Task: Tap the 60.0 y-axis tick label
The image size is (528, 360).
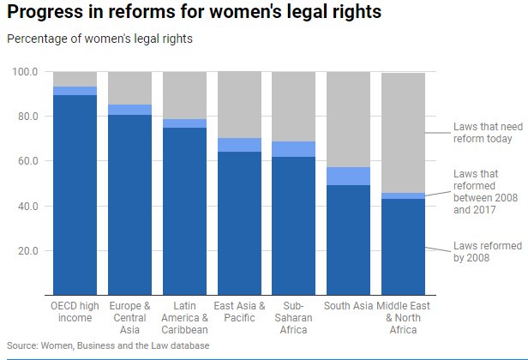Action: pos(27,161)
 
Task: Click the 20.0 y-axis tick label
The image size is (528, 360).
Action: pos(27,251)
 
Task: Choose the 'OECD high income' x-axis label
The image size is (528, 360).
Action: pos(75,311)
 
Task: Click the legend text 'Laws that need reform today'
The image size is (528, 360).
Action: pos(483,133)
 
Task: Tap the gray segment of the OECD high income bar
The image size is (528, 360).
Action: pos(75,79)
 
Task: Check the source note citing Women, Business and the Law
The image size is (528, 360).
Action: pos(107,345)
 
